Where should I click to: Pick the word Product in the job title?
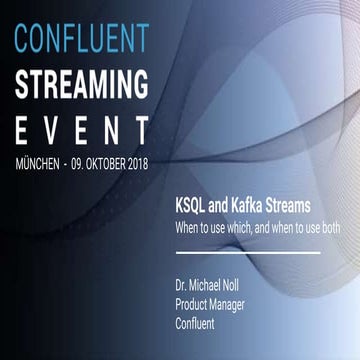193,287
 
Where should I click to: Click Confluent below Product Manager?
195,304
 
